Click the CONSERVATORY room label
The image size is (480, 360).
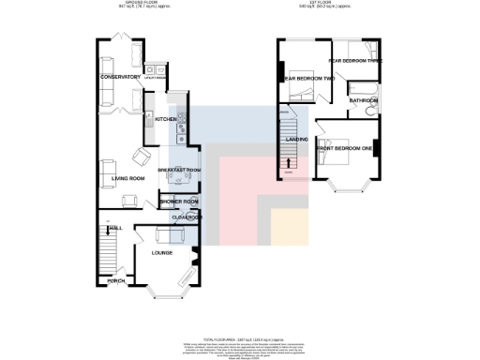(x=120, y=77)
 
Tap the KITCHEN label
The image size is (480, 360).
(x=166, y=120)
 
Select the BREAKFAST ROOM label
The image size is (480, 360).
(x=179, y=170)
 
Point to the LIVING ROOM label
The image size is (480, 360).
(x=128, y=178)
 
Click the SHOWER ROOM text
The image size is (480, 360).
(x=178, y=202)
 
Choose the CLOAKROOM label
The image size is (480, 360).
(x=187, y=217)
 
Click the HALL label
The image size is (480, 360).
(x=115, y=228)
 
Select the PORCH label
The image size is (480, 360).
(x=117, y=281)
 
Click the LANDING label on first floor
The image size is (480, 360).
(x=299, y=141)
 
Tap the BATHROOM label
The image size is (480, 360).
(x=363, y=99)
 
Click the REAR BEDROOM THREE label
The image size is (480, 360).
(x=356, y=60)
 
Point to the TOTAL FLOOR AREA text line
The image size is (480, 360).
(x=240, y=337)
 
